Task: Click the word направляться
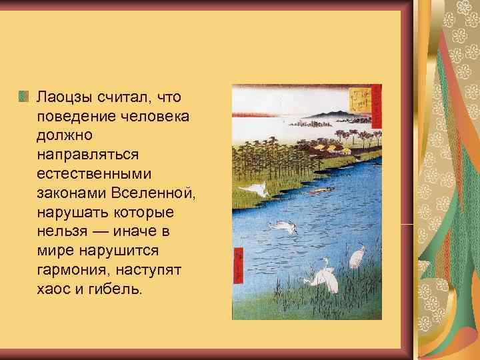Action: (x=88, y=155)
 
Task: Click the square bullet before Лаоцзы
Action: (x=24, y=97)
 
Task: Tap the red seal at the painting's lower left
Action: (x=238, y=263)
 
